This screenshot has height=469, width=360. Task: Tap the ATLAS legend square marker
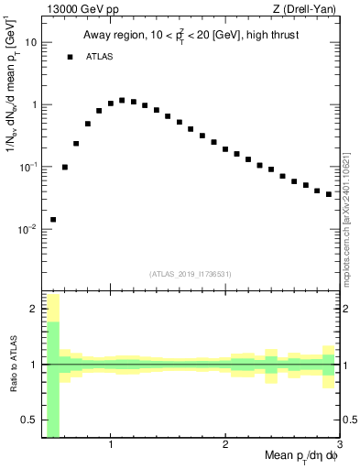click(70, 57)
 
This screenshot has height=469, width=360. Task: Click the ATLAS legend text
click(102, 57)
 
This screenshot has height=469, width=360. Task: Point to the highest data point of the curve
click(122, 100)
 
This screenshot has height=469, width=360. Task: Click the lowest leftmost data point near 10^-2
click(53, 220)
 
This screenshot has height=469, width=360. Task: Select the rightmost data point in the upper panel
click(329, 194)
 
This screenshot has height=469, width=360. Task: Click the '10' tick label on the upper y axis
click(31, 42)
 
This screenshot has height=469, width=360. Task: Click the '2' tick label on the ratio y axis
click(34, 309)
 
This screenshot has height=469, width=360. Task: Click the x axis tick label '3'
click(339, 445)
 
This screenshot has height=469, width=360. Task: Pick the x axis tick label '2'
click(225, 445)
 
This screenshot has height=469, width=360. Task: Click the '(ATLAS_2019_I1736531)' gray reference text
click(191, 274)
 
